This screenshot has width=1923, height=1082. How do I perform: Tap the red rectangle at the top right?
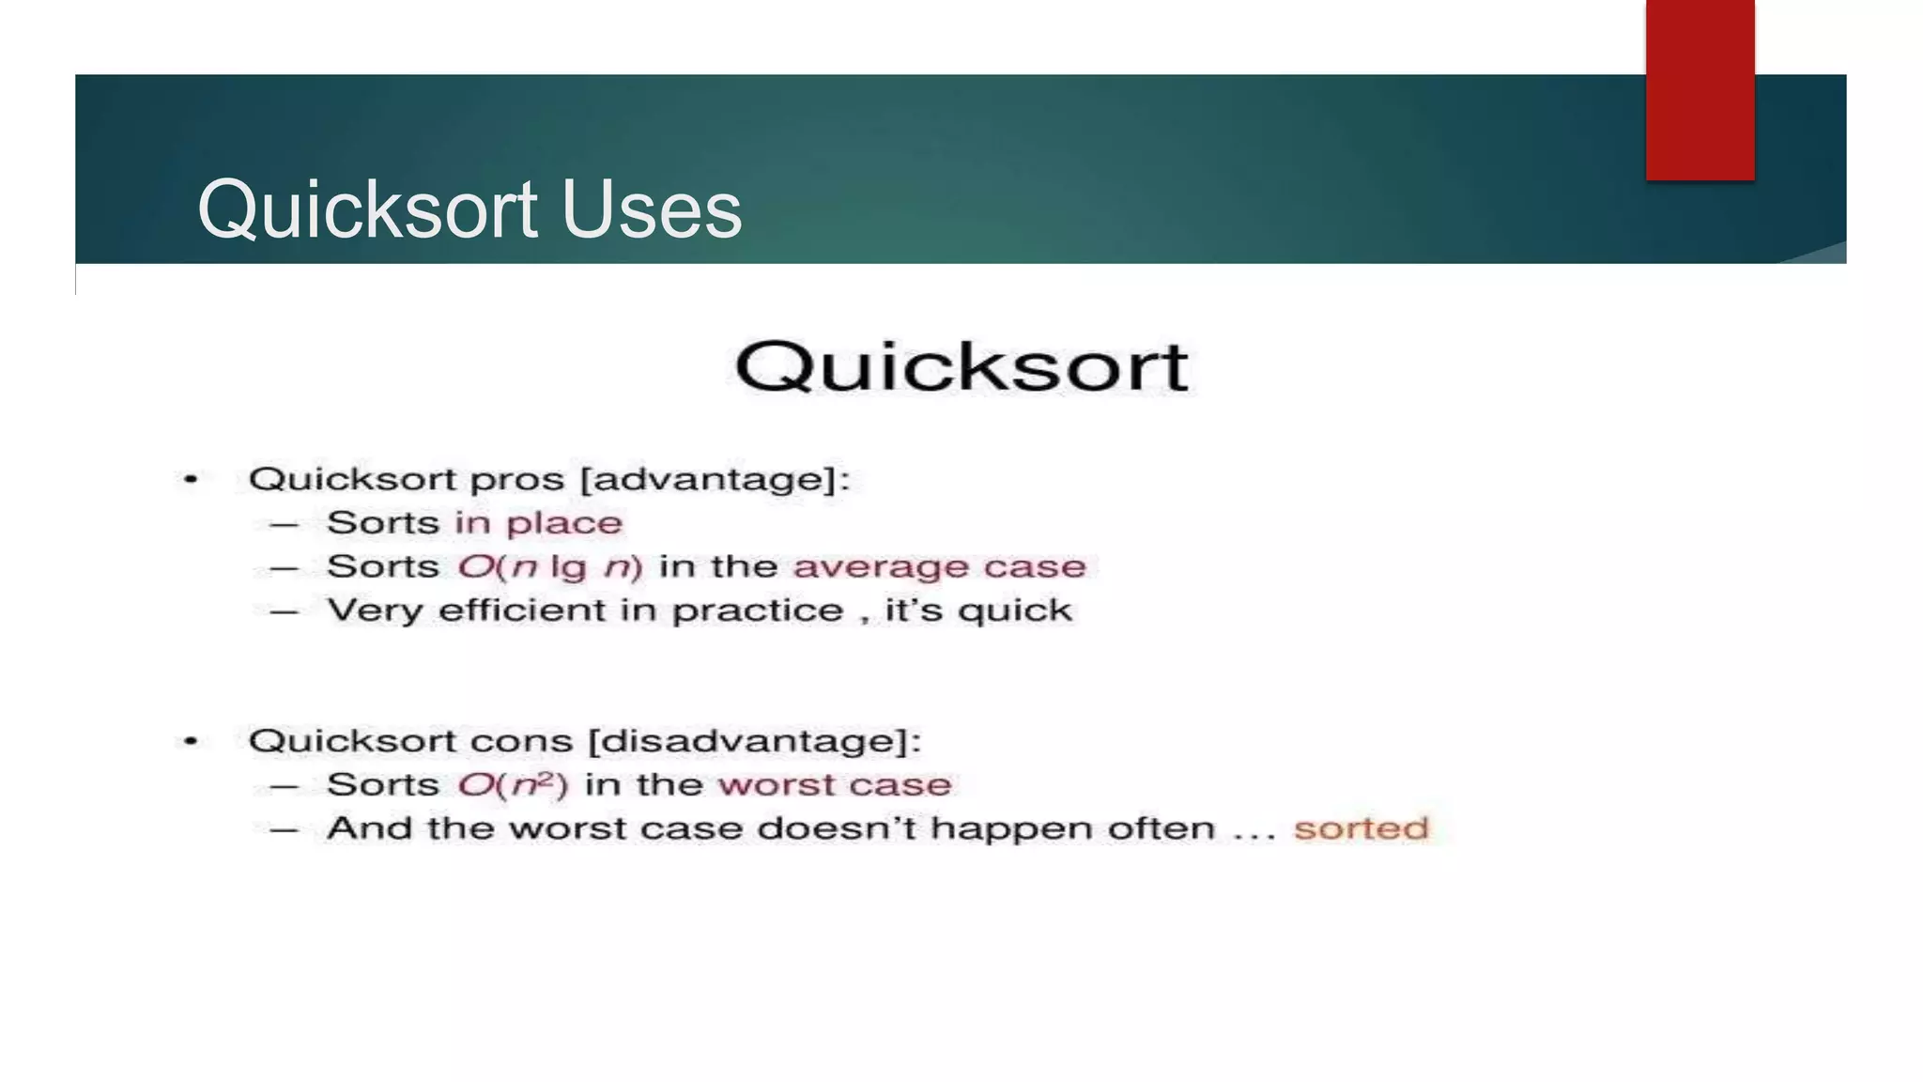pyautogui.click(x=1700, y=89)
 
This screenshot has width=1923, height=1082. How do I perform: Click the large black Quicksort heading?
pyautogui.click(x=961, y=366)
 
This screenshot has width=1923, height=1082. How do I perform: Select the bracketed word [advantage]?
pyautogui.click(x=715, y=480)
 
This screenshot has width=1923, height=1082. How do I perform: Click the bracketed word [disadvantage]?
pyautogui.click(x=755, y=741)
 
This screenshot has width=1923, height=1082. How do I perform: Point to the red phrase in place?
pyautogui.click(x=539, y=523)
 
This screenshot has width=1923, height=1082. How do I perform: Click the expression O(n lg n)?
pyautogui.click(x=550, y=567)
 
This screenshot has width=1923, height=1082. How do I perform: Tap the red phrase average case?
pyautogui.click(x=939, y=567)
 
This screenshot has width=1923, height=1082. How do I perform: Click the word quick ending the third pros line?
pyautogui.click(x=1014, y=611)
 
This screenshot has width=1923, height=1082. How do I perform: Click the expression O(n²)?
pyautogui.click(x=513, y=784)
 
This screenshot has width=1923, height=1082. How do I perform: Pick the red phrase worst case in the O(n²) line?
pyautogui.click(x=835, y=784)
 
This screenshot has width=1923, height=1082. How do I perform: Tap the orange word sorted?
pyautogui.click(x=1361, y=828)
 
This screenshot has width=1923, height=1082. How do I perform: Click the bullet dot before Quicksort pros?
pyautogui.click(x=191, y=480)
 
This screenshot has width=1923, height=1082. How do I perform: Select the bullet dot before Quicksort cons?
pyautogui.click(x=191, y=741)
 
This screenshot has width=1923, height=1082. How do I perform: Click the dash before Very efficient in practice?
pyautogui.click(x=284, y=612)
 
